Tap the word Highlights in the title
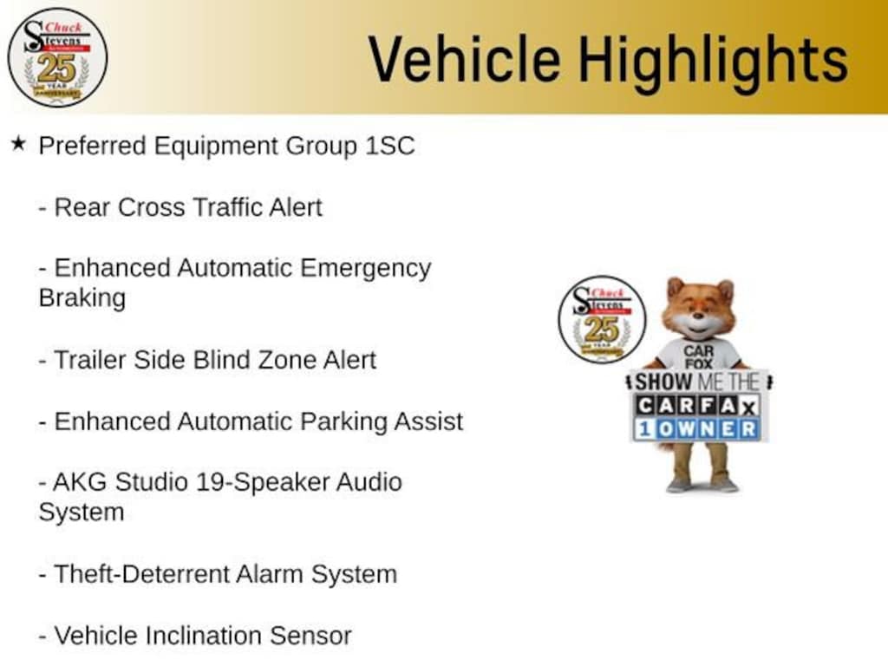coord(713,62)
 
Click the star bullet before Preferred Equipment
coord(18,144)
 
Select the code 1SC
coord(389,146)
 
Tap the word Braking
coord(82,299)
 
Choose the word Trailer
coord(90,360)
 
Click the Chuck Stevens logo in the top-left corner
coord(57,58)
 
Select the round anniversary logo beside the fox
coord(602,319)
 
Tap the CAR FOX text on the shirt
coord(698,357)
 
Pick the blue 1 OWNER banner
coord(697,429)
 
